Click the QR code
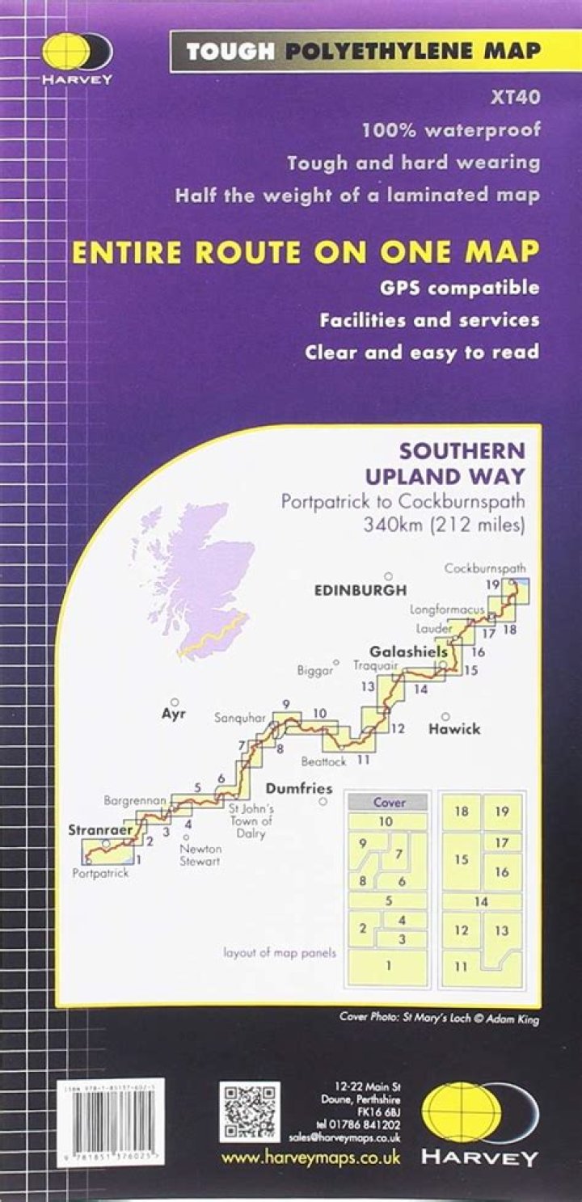pyautogui.click(x=248, y=1113)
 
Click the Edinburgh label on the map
pyautogui.click(x=360, y=591)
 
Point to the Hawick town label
pyautogui.click(x=454, y=728)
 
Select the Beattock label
pyautogui.click(x=323, y=761)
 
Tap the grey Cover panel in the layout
pyautogui.click(x=387, y=803)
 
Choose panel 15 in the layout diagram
pyautogui.click(x=462, y=859)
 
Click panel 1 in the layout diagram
pyautogui.click(x=387, y=964)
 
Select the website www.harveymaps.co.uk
pyautogui.click(x=311, y=1158)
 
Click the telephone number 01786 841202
pyautogui.click(x=366, y=1124)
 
